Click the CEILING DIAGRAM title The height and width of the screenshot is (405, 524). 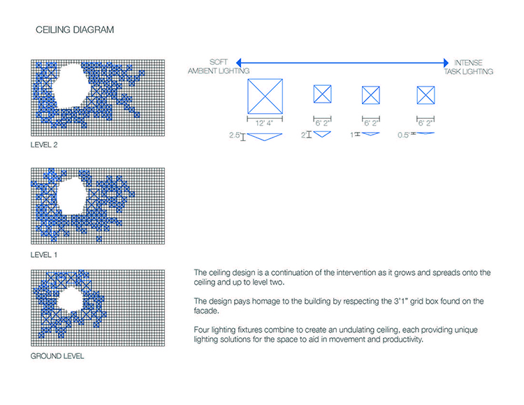[x=75, y=30]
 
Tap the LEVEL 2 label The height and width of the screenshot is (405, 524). [x=44, y=145]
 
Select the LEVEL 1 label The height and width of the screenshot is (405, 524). [x=44, y=255]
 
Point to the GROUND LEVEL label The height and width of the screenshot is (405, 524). [x=57, y=356]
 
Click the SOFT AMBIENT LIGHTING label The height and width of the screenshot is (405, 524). [x=219, y=66]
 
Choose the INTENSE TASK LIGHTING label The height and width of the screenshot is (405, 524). [x=469, y=67]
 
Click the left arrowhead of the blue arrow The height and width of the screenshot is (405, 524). [x=239, y=62]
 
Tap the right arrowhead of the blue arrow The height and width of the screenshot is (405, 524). [x=446, y=62]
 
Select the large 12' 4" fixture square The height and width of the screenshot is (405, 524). [x=265, y=96]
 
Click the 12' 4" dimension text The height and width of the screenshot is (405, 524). [x=264, y=123]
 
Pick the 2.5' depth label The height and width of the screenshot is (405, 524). [x=235, y=135]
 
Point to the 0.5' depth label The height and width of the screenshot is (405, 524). [x=403, y=135]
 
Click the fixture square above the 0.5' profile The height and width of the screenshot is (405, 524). [x=425, y=95]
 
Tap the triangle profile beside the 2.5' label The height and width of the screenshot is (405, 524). [x=265, y=137]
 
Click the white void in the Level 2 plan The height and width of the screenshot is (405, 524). [x=71, y=86]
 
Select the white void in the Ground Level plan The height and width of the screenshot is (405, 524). [x=70, y=300]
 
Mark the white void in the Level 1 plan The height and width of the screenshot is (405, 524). [x=73, y=196]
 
